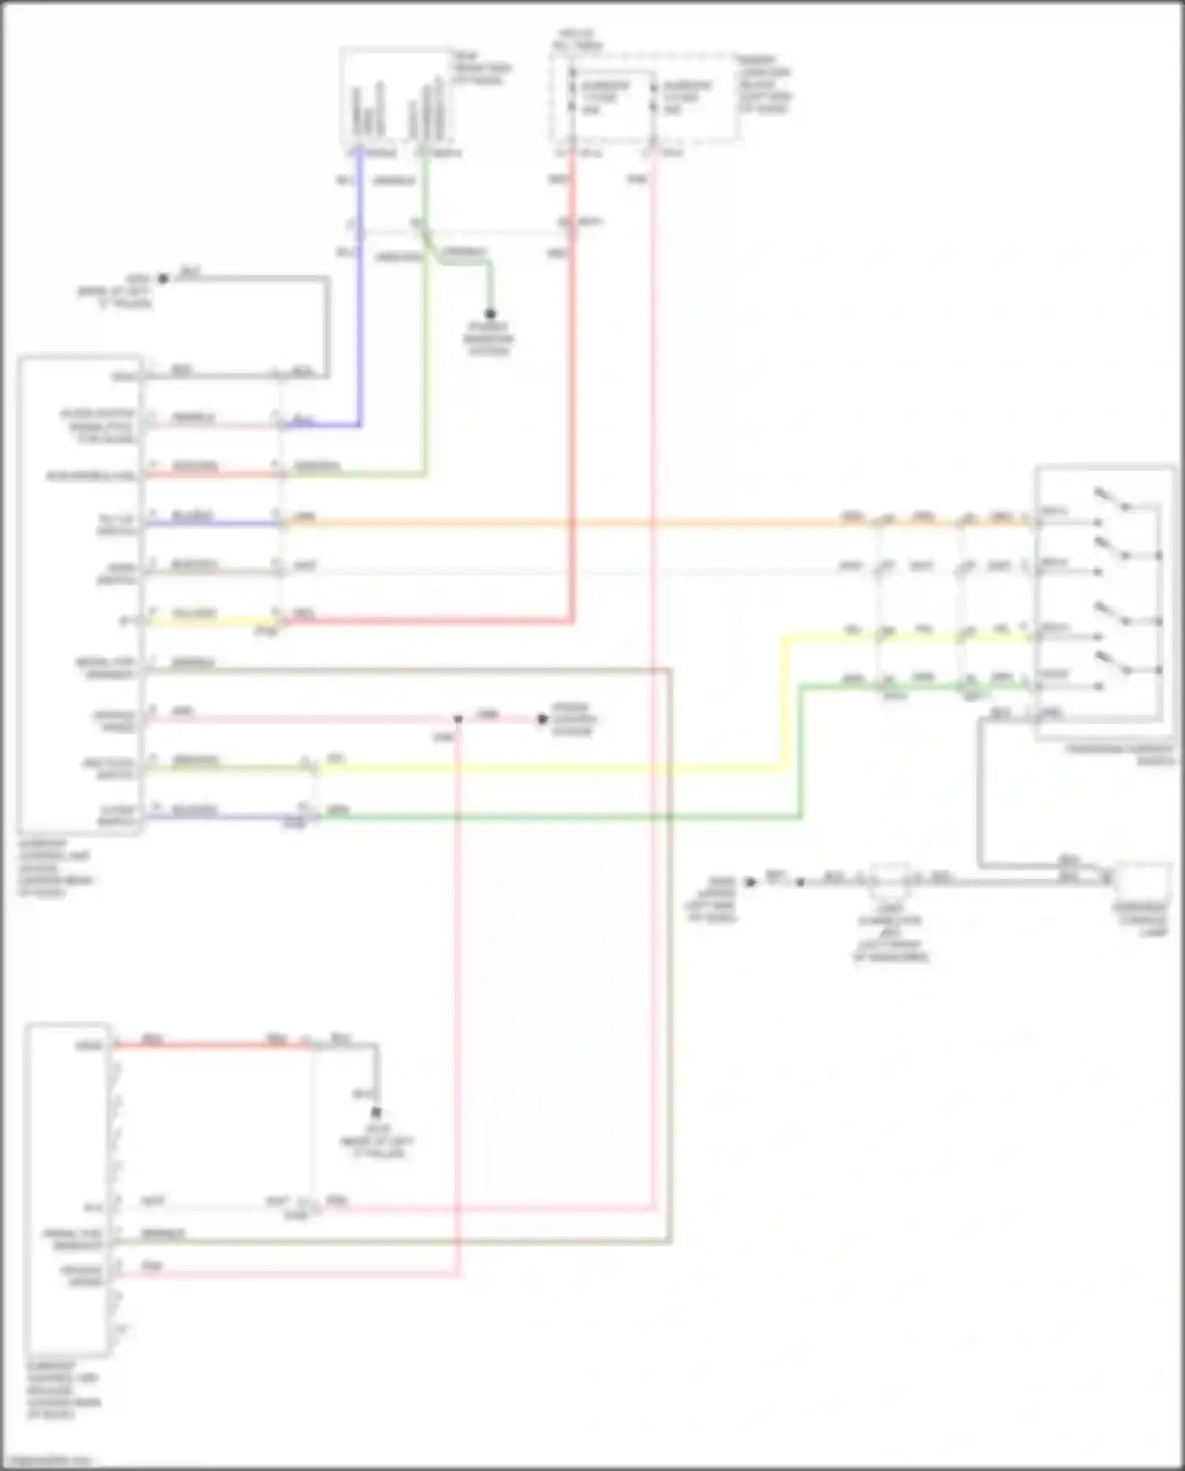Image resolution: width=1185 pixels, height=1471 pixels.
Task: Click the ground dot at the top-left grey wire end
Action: click(164, 278)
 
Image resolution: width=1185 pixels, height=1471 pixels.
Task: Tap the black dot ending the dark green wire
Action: click(490, 314)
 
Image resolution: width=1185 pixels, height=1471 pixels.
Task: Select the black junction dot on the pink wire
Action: click(458, 719)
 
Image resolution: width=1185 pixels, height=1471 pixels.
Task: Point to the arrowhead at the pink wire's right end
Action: click(542, 719)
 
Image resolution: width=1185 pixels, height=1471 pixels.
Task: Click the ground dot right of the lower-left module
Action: click(377, 1113)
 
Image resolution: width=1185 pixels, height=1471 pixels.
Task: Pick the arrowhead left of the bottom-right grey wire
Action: click(750, 881)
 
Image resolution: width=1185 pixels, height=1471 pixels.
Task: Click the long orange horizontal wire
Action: click(553, 522)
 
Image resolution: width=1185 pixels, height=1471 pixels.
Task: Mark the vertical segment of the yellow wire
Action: click(784, 700)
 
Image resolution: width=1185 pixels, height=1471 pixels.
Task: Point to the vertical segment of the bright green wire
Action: click(800, 751)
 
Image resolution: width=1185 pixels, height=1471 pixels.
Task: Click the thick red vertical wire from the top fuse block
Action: click(572, 395)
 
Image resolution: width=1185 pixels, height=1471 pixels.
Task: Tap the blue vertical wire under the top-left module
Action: click(360, 316)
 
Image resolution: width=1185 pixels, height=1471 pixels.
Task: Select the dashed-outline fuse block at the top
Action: click(644, 99)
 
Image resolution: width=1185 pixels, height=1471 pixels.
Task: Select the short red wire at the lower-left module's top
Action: click(213, 1045)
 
